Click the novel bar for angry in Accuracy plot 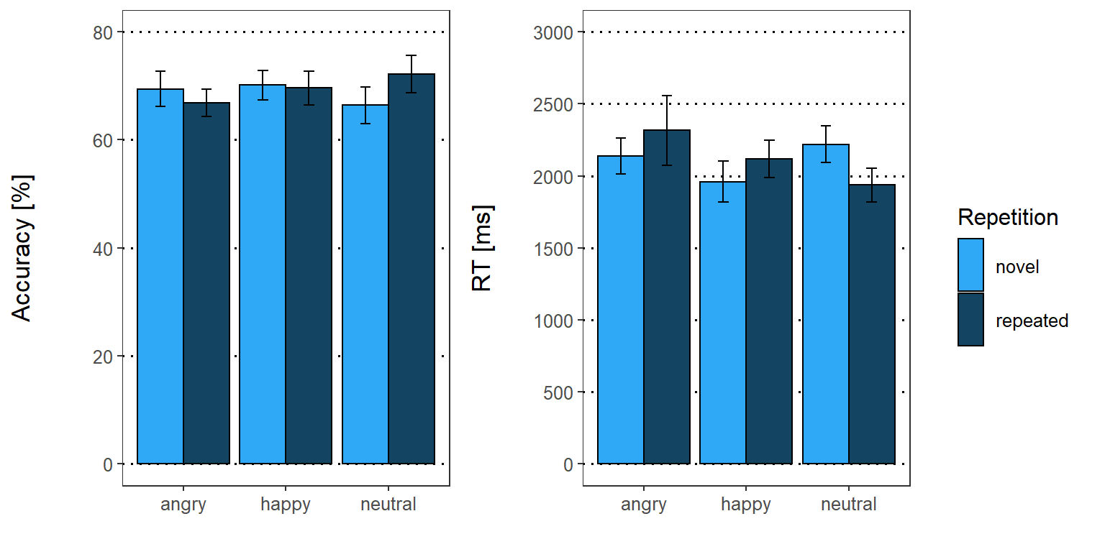[160, 277]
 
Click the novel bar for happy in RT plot [722, 323]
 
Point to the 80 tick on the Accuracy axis [103, 32]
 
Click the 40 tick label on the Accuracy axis [103, 249]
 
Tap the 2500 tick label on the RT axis [553, 104]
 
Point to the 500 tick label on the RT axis [558, 392]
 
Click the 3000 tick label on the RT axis [553, 32]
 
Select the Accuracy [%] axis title [22, 248]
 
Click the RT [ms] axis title [482, 248]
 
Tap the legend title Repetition [1008, 217]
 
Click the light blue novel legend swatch [970, 265]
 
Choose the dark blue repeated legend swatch [970, 319]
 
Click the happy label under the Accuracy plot [286, 505]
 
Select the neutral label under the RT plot [848, 505]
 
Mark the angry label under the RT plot [644, 505]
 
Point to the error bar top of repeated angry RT [667, 96]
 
